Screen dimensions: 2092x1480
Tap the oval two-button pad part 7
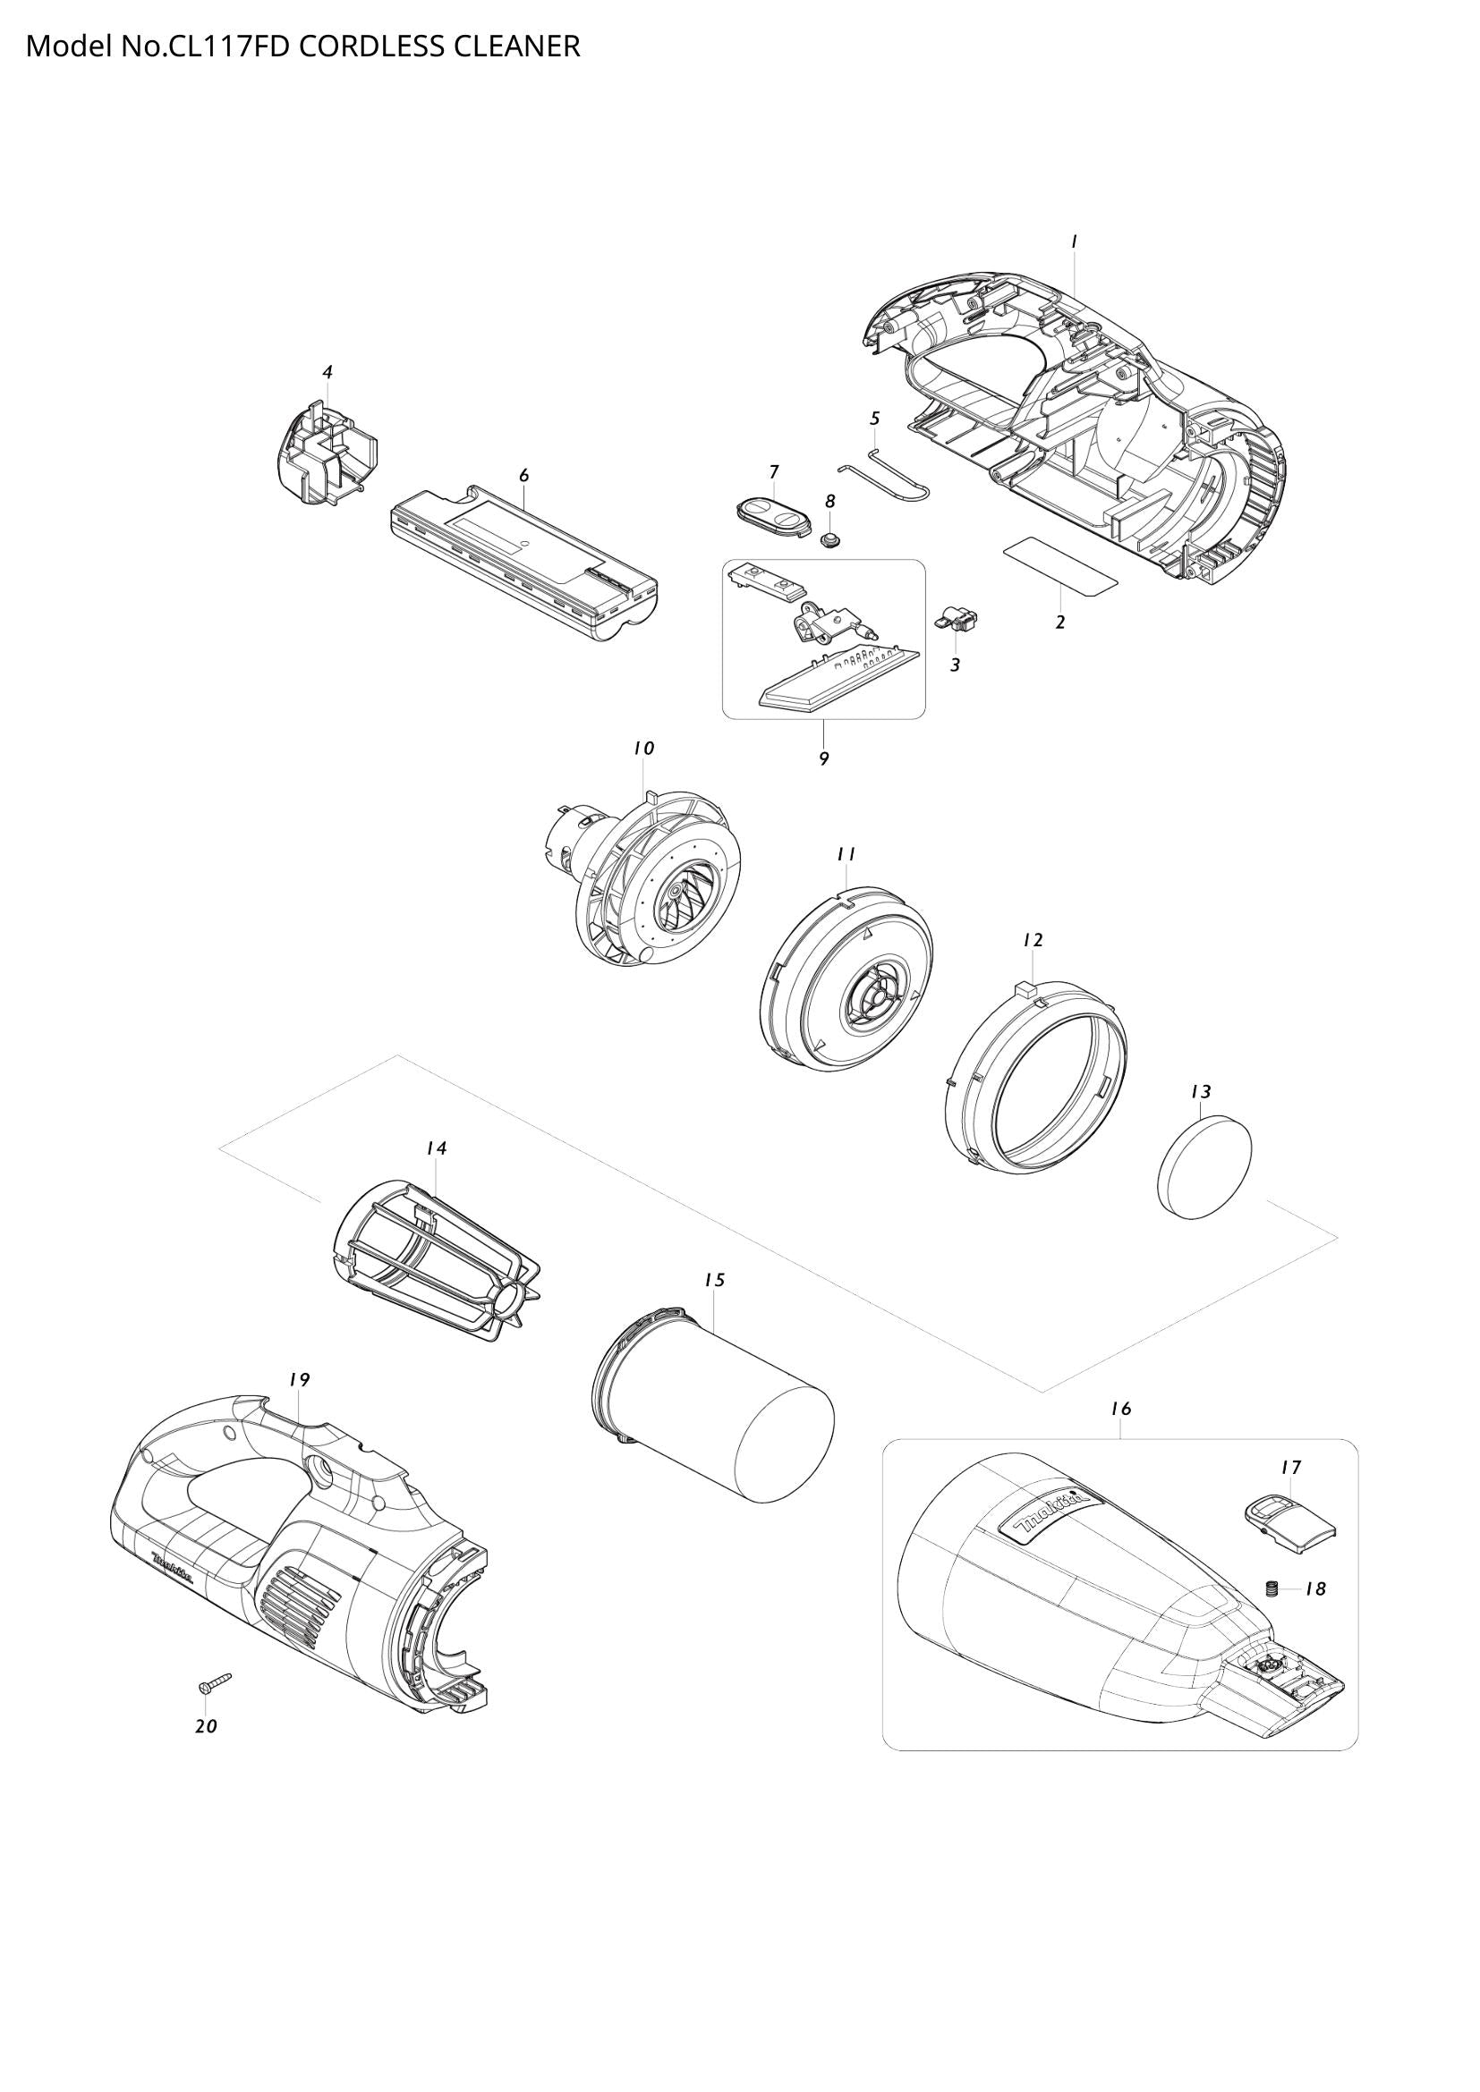[771, 520]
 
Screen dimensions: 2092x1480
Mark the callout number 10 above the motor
[643, 748]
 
